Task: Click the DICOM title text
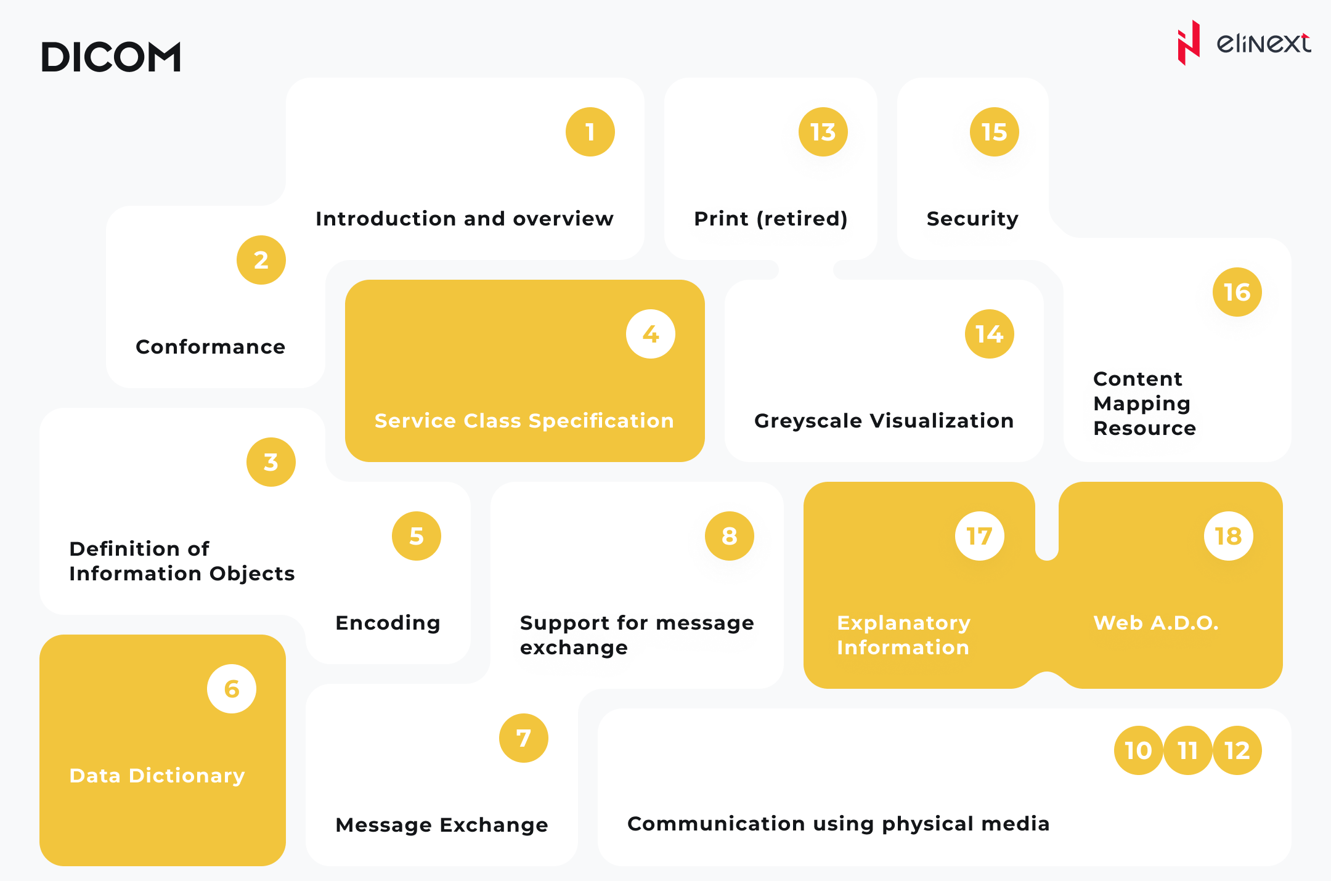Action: [111, 57]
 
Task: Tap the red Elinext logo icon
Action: [1189, 43]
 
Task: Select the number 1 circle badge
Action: [590, 132]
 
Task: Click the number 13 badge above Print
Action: [823, 132]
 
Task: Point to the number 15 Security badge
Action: [994, 132]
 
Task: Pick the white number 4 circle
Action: [651, 334]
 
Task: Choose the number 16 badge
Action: [1237, 292]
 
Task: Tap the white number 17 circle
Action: [979, 536]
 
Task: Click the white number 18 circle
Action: [1228, 536]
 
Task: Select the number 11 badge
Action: [1187, 750]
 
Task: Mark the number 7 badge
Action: [523, 738]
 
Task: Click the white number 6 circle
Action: [232, 689]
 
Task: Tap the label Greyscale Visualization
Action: [884, 421]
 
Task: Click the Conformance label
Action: [210, 347]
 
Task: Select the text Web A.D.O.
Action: [1156, 623]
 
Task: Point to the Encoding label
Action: [388, 623]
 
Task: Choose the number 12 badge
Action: [1237, 750]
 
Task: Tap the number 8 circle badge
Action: [729, 536]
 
